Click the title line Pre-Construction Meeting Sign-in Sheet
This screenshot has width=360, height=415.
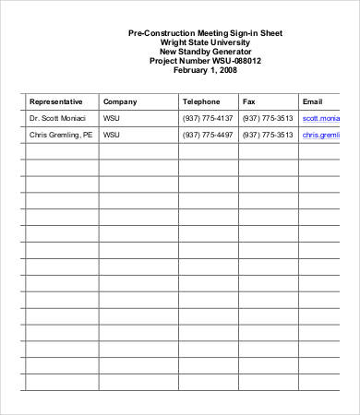tap(206, 33)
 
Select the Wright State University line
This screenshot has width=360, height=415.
tap(206, 42)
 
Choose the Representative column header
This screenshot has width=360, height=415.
tap(56, 101)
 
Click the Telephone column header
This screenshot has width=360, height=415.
tap(201, 101)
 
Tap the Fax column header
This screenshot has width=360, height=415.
tap(249, 101)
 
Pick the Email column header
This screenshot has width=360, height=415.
tap(312, 101)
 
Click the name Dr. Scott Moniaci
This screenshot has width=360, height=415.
tap(57, 119)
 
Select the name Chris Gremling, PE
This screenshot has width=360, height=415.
tap(61, 135)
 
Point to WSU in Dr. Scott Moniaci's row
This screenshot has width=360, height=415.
tap(112, 119)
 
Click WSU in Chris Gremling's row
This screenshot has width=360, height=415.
tap(112, 135)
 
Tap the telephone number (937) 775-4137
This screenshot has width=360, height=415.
tap(208, 119)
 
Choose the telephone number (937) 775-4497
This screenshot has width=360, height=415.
tap(208, 135)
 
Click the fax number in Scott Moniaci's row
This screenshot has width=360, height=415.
tap(268, 119)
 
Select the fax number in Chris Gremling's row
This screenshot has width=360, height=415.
tap(268, 135)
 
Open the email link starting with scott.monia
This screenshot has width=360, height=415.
tap(321, 119)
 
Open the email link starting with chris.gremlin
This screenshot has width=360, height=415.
tap(321, 135)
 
